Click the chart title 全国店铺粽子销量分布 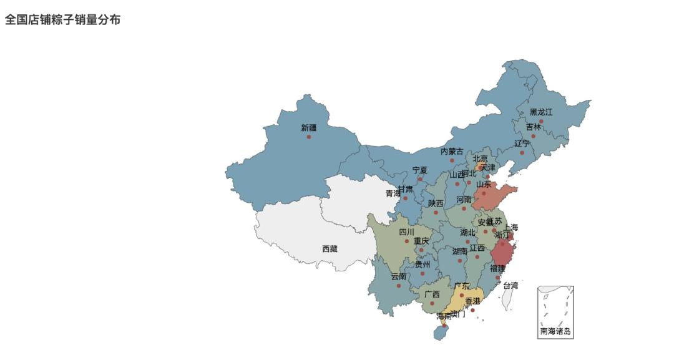tap(63, 20)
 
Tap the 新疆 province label tap(309, 128)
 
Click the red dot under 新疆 tap(309, 137)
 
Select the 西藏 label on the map tap(330, 249)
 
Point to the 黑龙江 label tap(541, 112)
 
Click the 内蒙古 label tap(452, 152)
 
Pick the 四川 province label tap(406, 232)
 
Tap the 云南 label tap(399, 277)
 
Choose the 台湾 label tap(510, 286)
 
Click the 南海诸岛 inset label tap(555, 331)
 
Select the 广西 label tap(432, 294)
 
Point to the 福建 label tap(497, 269)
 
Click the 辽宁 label tap(522, 144)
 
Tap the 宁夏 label tap(420, 170)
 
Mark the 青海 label tap(393, 194)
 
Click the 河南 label tap(464, 200)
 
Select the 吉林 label tap(534, 127)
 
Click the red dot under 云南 tap(399, 286)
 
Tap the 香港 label tap(472, 301)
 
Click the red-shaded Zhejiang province tap(502, 255)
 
